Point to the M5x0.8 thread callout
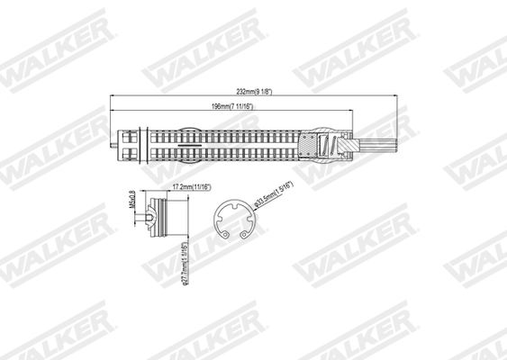[131, 197]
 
